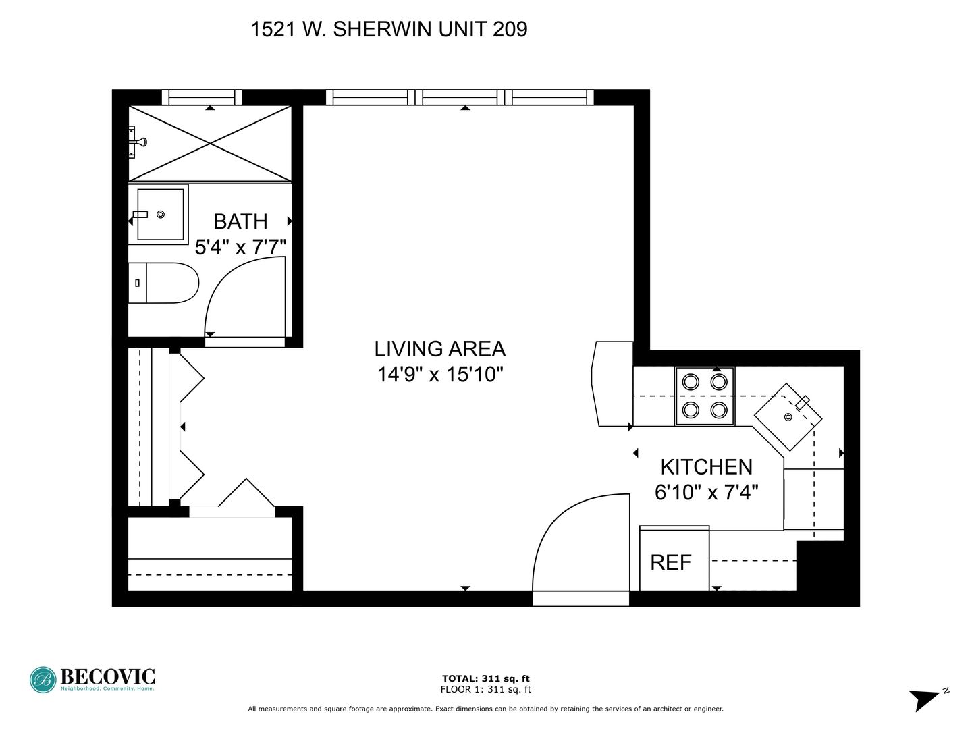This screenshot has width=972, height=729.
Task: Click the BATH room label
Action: click(240, 221)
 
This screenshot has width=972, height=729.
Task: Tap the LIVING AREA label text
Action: click(439, 349)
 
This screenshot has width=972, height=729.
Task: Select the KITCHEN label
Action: click(706, 467)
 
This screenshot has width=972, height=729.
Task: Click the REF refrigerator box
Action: click(674, 558)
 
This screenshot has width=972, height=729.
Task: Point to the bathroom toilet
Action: click(163, 283)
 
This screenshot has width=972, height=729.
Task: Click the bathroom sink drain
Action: click(161, 214)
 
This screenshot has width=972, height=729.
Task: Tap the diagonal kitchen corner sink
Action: click(788, 417)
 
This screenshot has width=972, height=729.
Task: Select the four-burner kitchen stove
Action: click(705, 396)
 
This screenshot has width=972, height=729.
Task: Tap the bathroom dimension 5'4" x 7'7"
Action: click(240, 247)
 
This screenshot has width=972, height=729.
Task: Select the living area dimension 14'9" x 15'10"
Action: click(439, 375)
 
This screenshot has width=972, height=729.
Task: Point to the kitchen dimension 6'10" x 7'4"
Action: click(706, 492)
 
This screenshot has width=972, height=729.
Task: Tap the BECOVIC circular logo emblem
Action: click(43, 680)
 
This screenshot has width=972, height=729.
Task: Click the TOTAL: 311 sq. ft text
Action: click(486, 678)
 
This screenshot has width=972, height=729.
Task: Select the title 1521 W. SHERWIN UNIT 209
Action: click(389, 30)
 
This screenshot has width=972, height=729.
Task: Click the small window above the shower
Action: click(202, 97)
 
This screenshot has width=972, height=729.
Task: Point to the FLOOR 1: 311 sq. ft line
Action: click(486, 689)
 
